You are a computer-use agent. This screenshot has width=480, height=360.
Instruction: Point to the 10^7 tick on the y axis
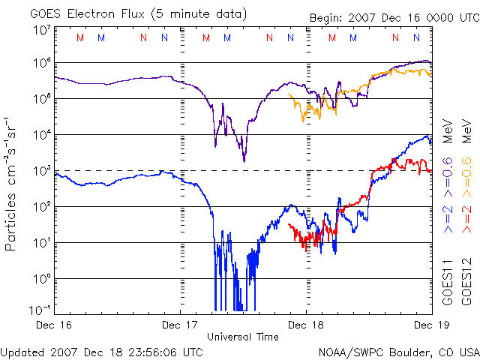coord(41,30)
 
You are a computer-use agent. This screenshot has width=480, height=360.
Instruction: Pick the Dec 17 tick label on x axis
coord(181,325)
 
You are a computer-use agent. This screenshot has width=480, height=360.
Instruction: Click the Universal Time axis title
coord(243,337)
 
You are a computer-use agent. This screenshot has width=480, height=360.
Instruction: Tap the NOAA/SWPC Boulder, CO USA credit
coord(398,351)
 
